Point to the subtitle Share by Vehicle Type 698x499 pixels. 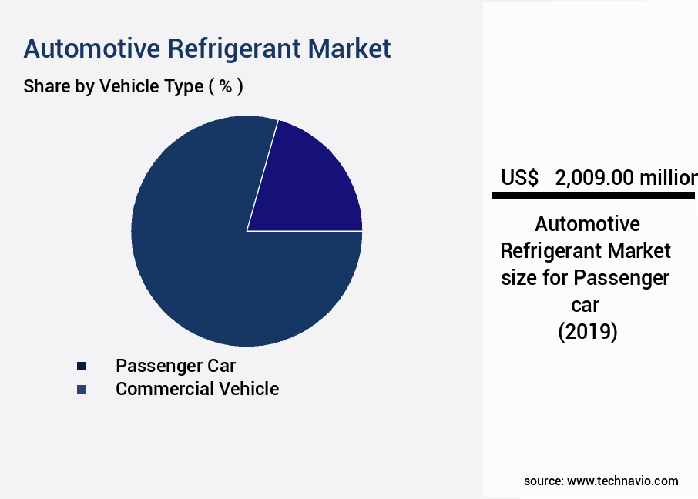112,86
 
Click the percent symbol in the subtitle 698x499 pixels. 226,86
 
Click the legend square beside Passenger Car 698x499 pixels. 81,366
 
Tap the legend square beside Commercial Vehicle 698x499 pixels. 81,390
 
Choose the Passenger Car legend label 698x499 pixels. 176,365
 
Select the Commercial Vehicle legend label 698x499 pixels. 197,389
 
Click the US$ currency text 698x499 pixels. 520,178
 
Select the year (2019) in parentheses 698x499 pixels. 587,333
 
